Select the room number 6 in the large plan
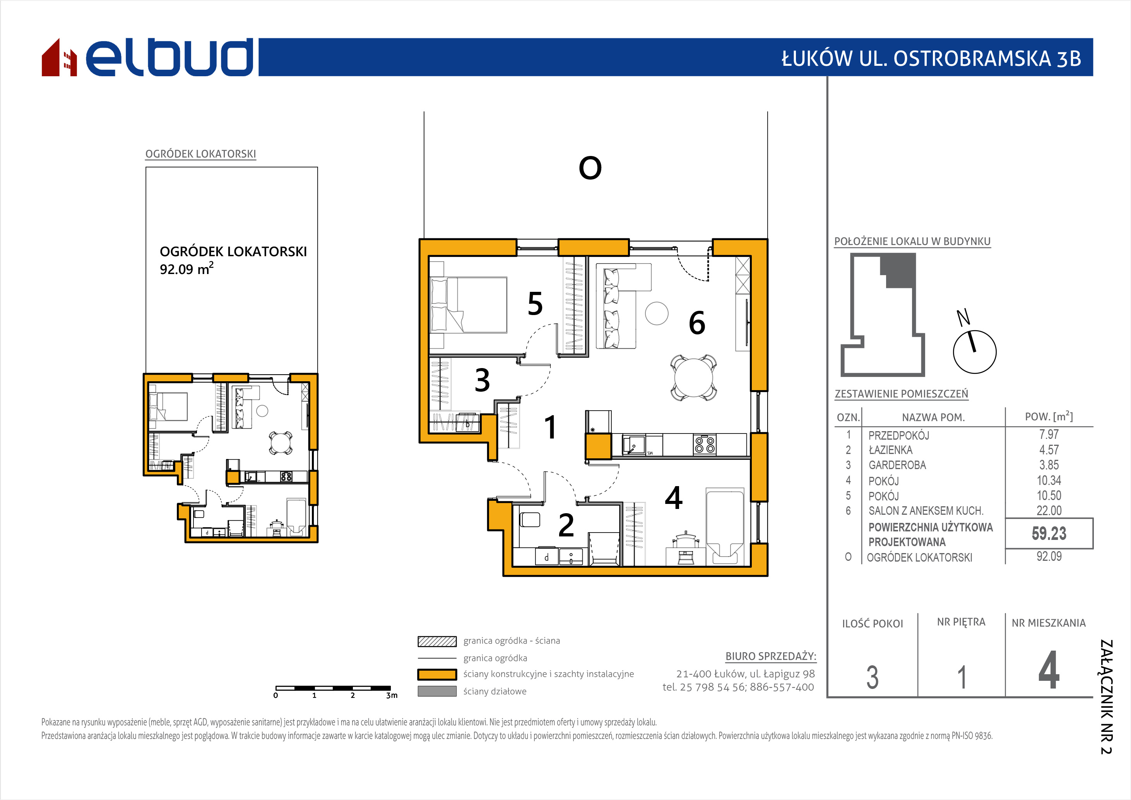coord(696,323)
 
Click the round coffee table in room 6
coord(657,313)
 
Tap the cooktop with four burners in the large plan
coord(705,445)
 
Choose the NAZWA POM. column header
coord(933,418)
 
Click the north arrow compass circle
coord(974,352)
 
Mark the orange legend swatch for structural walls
coord(437,674)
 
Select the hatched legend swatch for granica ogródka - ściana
coord(437,641)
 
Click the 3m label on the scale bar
coord(392,696)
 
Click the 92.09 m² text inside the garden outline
coord(187,269)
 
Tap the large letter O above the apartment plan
coord(590,168)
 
